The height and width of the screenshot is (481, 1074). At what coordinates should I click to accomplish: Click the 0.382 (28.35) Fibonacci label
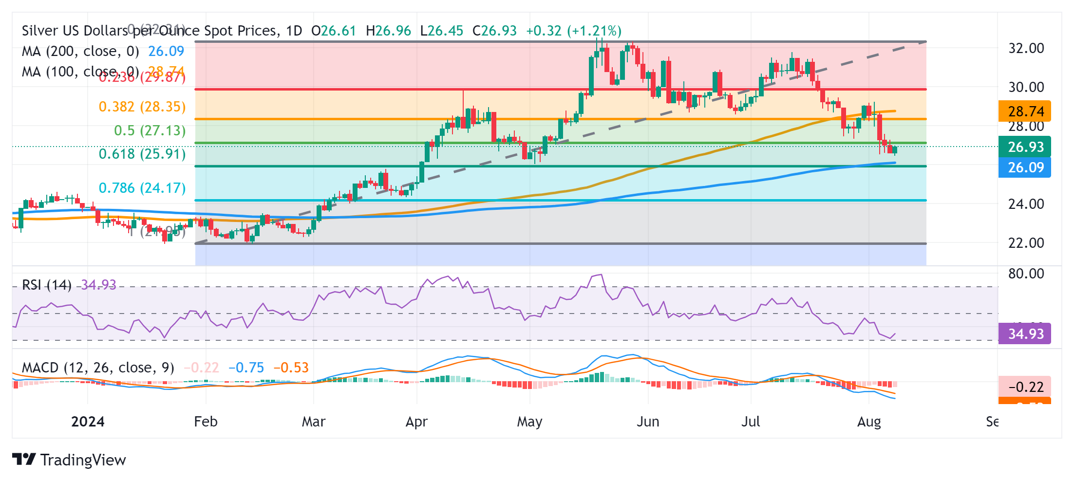coord(142,107)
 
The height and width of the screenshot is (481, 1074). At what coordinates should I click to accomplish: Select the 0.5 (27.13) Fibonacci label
coord(150,130)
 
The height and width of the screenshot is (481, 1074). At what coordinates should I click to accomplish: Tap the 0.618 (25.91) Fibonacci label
coord(142,154)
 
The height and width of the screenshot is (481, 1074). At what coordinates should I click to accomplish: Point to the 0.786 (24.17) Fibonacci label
coord(142,188)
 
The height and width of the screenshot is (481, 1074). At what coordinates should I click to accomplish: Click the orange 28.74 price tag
coord(1025,111)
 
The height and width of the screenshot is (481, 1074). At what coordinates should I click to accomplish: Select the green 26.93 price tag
coord(1025,147)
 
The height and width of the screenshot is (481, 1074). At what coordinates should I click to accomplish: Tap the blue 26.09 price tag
coord(1025,167)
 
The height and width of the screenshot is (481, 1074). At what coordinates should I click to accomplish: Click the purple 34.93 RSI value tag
coord(1025,334)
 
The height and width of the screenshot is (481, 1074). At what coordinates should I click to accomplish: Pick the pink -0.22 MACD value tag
coord(1025,387)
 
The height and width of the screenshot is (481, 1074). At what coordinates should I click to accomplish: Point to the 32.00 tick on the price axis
coord(1026,48)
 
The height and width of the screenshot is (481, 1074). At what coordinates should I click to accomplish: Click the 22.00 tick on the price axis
coord(1026,242)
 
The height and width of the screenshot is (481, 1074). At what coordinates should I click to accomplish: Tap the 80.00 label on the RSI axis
coord(1026,274)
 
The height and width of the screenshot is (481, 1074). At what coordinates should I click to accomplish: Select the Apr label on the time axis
coord(416,422)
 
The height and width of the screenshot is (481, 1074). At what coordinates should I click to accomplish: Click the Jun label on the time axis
coord(648,422)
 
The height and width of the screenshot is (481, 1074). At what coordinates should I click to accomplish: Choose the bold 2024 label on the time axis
coord(88,422)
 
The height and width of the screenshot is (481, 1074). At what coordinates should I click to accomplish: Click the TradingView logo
coord(69,460)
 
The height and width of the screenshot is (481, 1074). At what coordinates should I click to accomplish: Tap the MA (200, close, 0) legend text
coord(80,51)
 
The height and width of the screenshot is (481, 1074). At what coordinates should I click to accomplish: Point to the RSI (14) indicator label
coord(47,285)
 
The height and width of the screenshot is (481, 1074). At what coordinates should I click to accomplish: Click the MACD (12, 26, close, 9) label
coord(98,368)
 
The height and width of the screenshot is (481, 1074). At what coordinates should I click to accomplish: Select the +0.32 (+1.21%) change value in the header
coord(573,31)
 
